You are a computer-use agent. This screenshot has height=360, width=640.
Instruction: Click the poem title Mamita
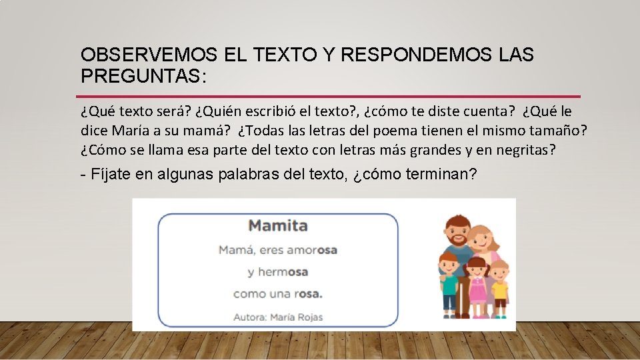(278, 225)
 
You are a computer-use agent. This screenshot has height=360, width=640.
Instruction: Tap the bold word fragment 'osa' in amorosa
(327, 250)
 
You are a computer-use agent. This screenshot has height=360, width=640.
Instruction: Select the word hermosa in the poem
(277, 272)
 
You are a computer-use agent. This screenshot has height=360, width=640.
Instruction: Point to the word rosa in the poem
(308, 294)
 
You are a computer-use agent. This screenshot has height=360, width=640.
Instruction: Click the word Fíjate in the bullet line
(107, 175)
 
